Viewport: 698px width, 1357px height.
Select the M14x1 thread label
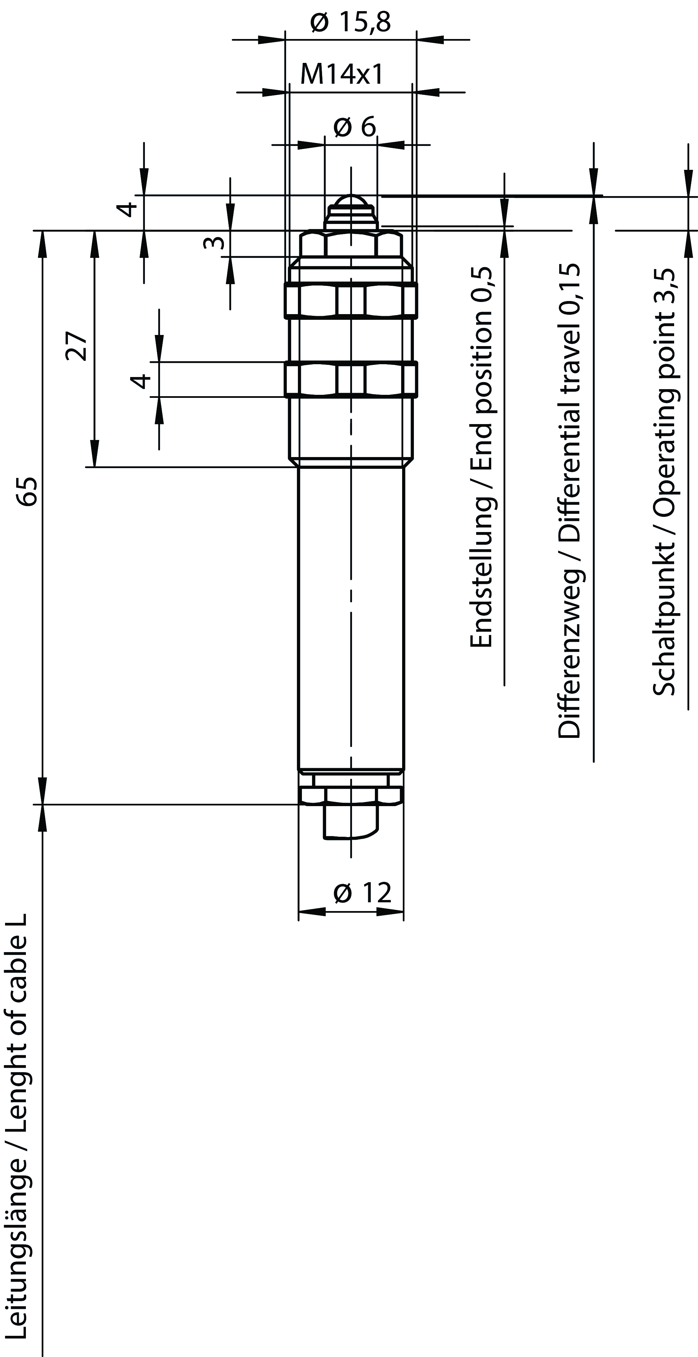tap(341, 74)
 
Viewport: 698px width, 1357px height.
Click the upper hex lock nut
tap(351, 300)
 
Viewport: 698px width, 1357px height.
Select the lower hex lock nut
tap(351, 379)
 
